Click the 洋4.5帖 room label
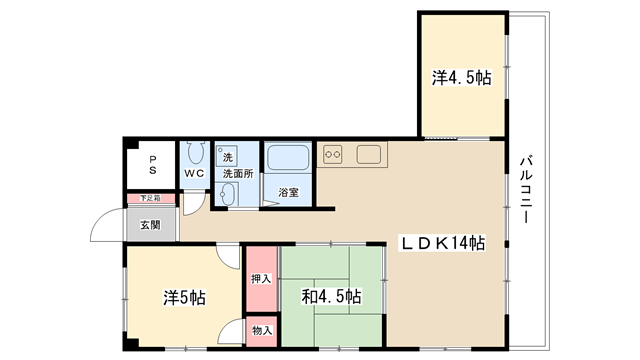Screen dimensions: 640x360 click(x=462, y=78)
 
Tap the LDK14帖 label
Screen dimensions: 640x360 click(x=442, y=243)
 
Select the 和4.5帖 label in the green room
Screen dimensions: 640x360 click(x=331, y=297)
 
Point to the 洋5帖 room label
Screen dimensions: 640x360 click(x=184, y=298)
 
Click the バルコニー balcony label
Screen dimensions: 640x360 click(x=527, y=189)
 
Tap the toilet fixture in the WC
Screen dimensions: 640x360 click(x=196, y=153)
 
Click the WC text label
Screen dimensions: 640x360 click(x=194, y=173)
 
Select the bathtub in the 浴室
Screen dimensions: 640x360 click(x=288, y=157)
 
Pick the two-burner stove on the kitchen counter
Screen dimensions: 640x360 click(x=333, y=155)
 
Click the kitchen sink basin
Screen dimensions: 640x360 click(x=369, y=155)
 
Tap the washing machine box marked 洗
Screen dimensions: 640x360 click(x=227, y=156)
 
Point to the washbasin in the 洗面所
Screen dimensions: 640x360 click(x=227, y=194)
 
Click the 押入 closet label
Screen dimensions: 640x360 click(x=261, y=279)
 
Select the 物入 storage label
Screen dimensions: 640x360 click(x=262, y=331)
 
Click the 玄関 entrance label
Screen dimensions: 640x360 click(x=151, y=225)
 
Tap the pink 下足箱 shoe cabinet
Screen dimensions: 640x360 click(x=151, y=198)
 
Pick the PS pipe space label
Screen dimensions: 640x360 click(x=153, y=164)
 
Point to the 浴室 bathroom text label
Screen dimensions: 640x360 click(x=289, y=192)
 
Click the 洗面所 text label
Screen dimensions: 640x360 click(x=238, y=173)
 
